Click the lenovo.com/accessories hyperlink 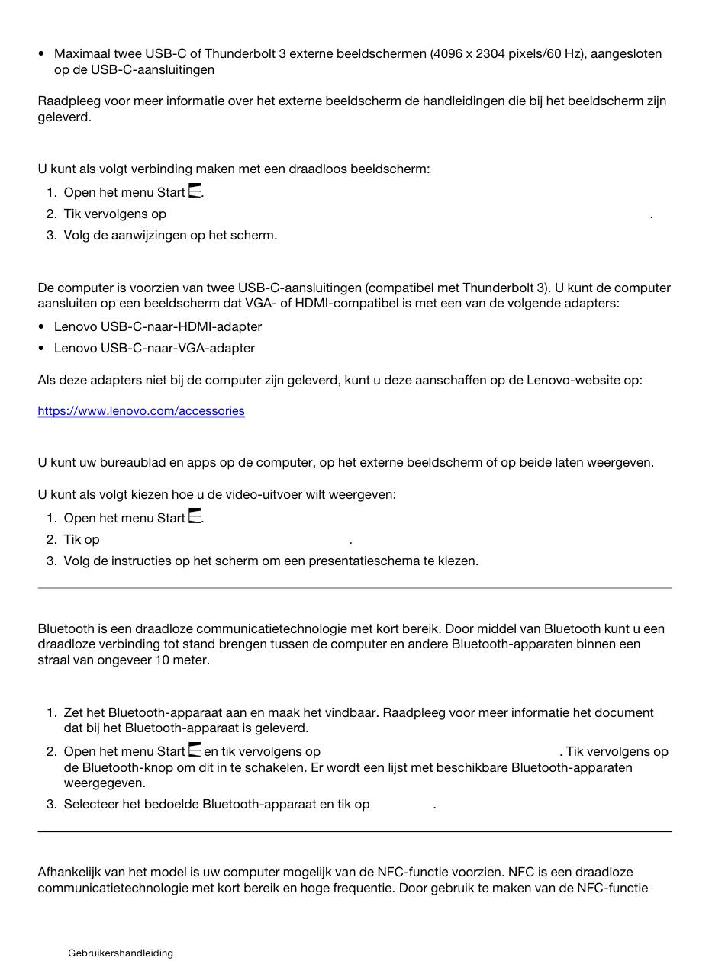141,411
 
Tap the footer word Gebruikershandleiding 121,953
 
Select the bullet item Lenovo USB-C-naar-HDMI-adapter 158,326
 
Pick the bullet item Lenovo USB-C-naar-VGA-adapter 154,348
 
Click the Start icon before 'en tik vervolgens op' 195,750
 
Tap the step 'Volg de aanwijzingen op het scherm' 170,235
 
